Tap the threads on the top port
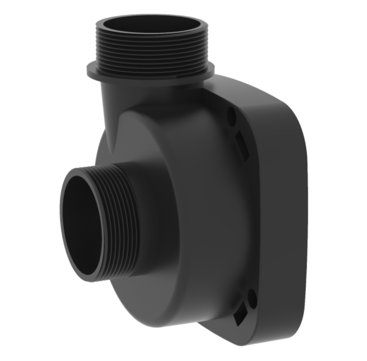pyautogui.click(x=151, y=50)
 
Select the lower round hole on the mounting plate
pyautogui.click(x=252, y=298)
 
